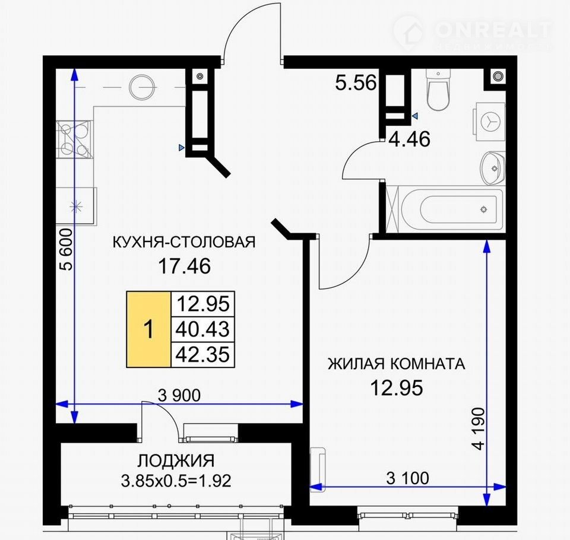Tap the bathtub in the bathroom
pyautogui.click(x=451, y=209)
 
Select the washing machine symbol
pyautogui.click(x=489, y=120)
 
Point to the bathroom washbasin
pyautogui.click(x=492, y=168)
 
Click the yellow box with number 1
pyautogui.click(x=148, y=329)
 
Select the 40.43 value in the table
pyautogui.click(x=202, y=329)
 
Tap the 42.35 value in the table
pyautogui.click(x=202, y=354)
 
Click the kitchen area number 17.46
pyautogui.click(x=184, y=266)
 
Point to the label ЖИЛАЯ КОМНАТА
pyautogui.click(x=396, y=364)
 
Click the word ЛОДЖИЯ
pyautogui.click(x=176, y=461)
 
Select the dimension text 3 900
pyautogui.click(x=179, y=395)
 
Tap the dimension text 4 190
pyautogui.click(x=480, y=429)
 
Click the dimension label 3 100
pyautogui.click(x=407, y=478)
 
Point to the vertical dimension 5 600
pyautogui.click(x=67, y=249)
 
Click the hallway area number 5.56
pyautogui.click(x=355, y=83)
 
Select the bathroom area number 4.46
pyautogui.click(x=410, y=139)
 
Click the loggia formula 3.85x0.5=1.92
pyautogui.click(x=176, y=481)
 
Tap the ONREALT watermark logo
pyautogui.click(x=473, y=33)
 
